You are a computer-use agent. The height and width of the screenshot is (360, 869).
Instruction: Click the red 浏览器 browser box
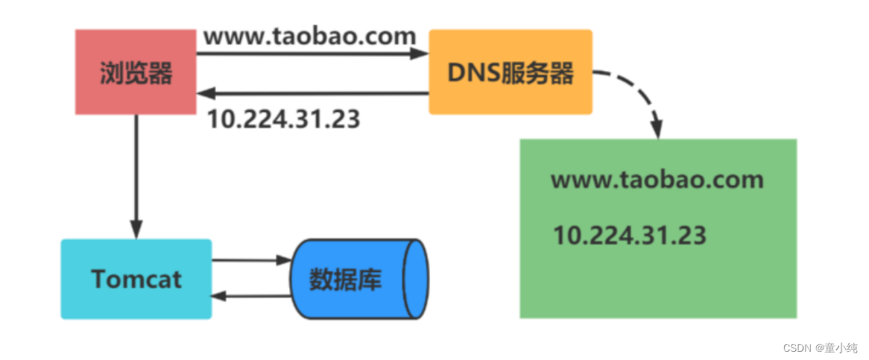[x=136, y=72]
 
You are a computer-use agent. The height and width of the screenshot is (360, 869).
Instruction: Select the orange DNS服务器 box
[x=510, y=72]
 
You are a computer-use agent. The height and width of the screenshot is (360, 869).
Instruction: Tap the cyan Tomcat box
[x=136, y=279]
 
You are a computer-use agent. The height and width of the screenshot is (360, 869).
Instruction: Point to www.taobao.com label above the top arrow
[x=309, y=36]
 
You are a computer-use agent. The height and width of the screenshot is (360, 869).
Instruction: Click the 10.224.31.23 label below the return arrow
[x=283, y=119]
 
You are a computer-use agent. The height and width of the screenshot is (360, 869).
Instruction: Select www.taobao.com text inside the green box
[x=657, y=180]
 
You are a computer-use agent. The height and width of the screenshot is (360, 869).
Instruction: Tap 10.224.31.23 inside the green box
[x=629, y=236]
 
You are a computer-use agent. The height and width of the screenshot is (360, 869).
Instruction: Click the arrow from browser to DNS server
[x=313, y=54]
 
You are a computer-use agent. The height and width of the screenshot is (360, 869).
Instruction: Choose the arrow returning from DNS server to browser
[x=313, y=94]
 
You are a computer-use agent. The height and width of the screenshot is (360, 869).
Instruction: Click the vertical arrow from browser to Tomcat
[x=136, y=175]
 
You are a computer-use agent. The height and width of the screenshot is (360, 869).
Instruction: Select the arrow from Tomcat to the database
[x=250, y=261]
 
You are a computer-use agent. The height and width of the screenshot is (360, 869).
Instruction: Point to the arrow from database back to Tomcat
[x=250, y=297]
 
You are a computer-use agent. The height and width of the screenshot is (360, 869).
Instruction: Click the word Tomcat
[x=136, y=279]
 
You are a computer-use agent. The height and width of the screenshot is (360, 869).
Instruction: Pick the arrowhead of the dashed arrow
[x=657, y=127]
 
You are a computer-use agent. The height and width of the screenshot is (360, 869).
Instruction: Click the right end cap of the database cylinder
[x=415, y=278]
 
